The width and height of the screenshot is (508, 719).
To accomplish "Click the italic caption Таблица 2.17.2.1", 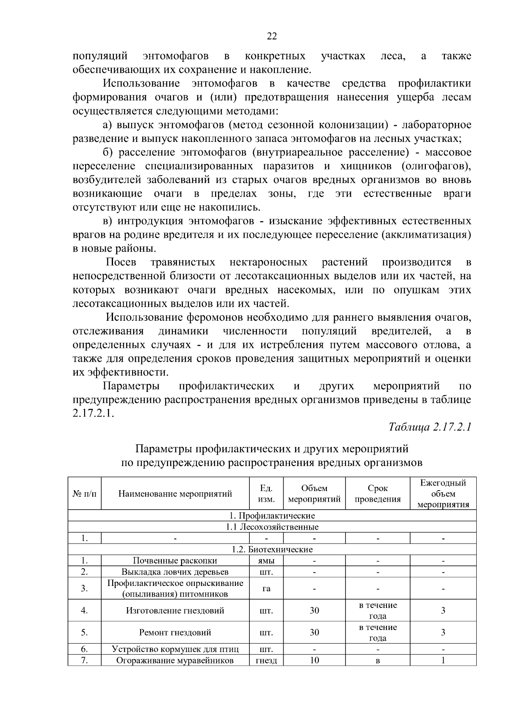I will coord(430,427).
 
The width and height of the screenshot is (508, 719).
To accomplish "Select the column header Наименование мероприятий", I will coord(175,494).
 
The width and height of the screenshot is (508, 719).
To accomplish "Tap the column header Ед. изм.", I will coord(266,494).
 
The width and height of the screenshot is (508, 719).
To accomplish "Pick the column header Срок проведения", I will coord(378,494).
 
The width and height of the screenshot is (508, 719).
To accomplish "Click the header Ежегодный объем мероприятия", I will coord(443,494).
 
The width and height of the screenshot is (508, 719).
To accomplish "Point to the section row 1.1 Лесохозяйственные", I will coord(272,527).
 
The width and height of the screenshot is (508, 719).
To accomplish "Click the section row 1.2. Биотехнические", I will coord(272,550).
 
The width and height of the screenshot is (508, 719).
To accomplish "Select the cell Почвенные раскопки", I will coord(175,561).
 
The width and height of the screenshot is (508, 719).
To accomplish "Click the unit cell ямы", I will coord(266,561).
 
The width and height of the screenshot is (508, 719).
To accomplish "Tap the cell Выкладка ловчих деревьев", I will coord(175,572).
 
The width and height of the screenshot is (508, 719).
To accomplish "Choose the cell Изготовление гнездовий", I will coord(175,611).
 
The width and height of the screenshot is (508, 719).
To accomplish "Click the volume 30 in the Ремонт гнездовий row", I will coord(314,633).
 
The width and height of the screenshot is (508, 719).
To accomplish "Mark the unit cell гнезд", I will coord(266,661).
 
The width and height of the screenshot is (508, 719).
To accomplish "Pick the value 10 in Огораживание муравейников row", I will coord(314,660).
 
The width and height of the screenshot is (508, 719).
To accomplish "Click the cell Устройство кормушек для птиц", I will coord(175,649).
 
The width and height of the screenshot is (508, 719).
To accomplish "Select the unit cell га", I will coord(266,589).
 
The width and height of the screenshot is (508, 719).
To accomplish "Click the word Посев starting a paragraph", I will coord(121,262).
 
